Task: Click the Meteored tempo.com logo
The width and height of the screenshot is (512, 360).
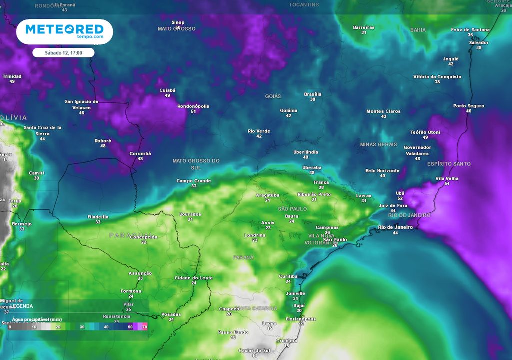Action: point(64,32)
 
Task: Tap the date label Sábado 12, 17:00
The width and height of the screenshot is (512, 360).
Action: point(63,52)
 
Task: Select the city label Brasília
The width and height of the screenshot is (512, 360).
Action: point(312,94)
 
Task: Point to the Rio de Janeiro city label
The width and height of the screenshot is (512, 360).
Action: point(395,227)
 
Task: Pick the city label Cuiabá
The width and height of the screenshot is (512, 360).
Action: point(167,90)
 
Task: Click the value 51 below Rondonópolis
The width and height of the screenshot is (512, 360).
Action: point(193,111)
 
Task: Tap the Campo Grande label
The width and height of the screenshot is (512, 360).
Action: point(193,181)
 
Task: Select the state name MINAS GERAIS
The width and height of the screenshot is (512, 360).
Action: point(378,144)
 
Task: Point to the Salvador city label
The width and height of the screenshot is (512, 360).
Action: point(478,42)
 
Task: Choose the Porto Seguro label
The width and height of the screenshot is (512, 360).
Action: point(469,106)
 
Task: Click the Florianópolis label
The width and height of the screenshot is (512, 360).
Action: point(300,319)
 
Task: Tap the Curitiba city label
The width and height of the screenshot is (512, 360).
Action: point(288,276)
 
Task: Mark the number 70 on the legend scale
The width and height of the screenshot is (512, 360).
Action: point(144,326)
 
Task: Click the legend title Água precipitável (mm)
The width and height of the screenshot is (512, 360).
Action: point(34,319)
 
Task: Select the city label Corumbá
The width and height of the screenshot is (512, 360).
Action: point(140,153)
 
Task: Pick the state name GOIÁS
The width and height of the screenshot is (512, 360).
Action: point(273,96)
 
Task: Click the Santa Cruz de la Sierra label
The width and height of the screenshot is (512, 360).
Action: point(43,130)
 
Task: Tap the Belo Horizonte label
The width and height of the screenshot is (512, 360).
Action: point(382,170)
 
